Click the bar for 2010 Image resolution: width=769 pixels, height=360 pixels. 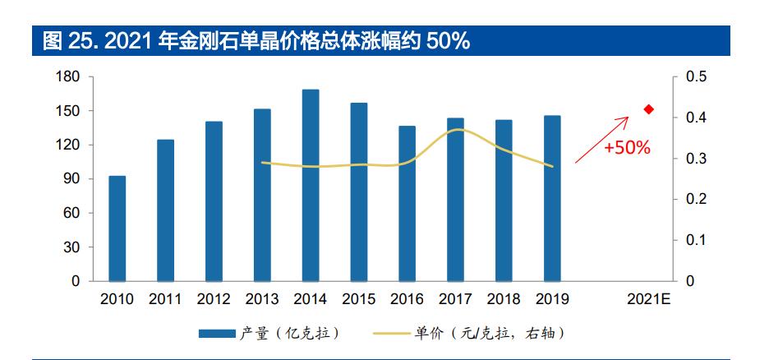coord(117,228)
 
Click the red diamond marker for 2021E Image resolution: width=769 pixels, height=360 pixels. coord(648,109)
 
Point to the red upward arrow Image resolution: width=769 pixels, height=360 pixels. coord(601,140)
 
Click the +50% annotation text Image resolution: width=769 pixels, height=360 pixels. coord(627,149)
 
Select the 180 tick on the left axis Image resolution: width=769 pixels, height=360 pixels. coord(68,77)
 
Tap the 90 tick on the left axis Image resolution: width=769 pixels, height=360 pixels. coord(71,179)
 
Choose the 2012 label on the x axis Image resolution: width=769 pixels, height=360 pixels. coord(214,298)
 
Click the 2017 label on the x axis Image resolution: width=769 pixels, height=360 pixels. coord(455,298)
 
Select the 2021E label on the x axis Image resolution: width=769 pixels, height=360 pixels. coord(649,298)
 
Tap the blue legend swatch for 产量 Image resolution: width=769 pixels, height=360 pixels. coord(217,333)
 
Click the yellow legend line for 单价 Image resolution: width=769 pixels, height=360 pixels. coord(392,333)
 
